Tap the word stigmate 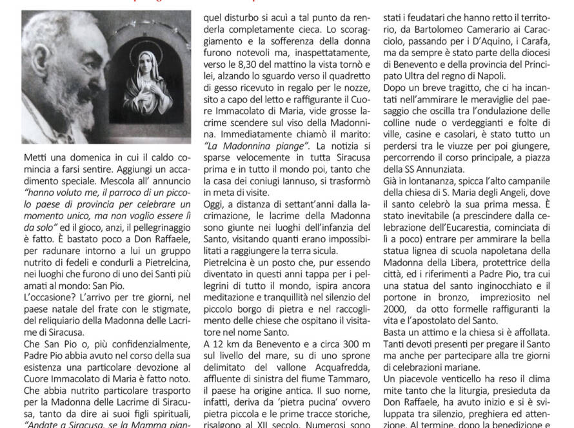click(159, 311)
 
